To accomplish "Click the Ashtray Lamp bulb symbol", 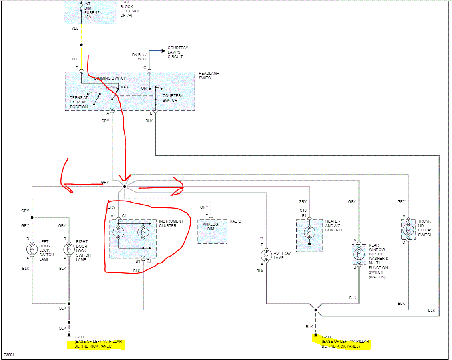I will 266,255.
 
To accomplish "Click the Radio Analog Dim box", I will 212,231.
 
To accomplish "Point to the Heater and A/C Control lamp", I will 309,232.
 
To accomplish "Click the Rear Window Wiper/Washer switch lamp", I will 359,254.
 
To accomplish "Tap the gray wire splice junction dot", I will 125,187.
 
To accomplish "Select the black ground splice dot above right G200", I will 315,310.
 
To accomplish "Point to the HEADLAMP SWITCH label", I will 209,76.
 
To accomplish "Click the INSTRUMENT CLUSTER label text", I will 171,223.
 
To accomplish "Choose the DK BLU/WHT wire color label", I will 139,57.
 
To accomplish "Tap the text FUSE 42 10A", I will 92,15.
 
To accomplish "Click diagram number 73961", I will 9,355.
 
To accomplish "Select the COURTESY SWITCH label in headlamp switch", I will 173,98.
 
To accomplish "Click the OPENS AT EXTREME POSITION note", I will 78,102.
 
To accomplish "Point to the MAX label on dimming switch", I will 124,87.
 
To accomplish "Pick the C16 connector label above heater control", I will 303,210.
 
